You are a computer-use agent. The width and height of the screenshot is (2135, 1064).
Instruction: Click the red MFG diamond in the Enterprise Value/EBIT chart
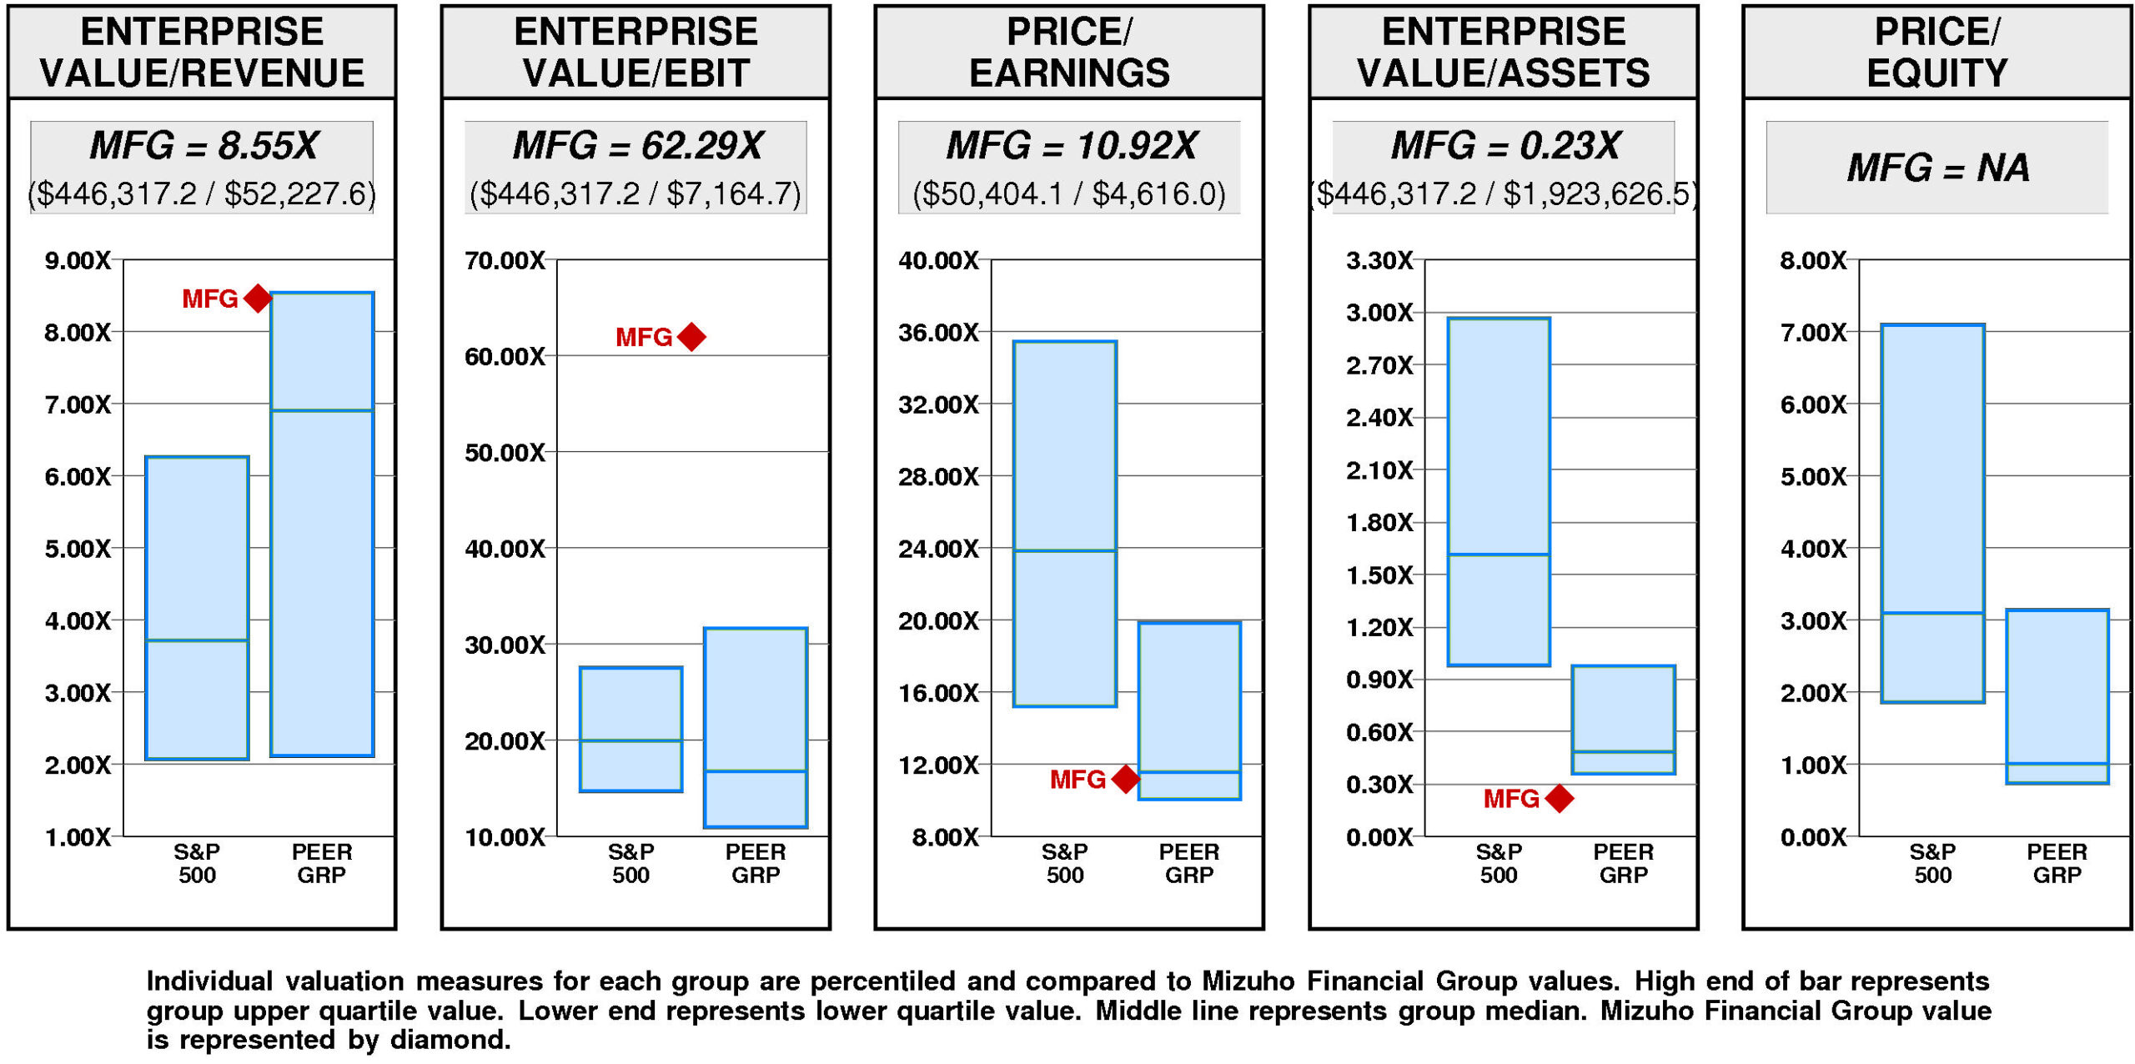(691, 337)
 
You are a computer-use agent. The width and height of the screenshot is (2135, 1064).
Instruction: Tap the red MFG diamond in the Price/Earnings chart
(1125, 779)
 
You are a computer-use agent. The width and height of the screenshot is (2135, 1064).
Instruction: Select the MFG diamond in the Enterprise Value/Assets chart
(1559, 798)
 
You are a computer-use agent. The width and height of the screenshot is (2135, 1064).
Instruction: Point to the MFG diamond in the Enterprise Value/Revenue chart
(258, 298)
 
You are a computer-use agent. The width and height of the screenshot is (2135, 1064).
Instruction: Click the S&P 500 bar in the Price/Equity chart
(1932, 513)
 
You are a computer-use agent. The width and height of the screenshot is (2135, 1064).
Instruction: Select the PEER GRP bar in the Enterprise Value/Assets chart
(1623, 719)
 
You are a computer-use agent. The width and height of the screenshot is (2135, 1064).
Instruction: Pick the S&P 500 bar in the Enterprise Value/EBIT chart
(630, 728)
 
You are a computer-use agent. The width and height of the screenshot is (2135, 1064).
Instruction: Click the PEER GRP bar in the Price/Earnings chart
(1189, 710)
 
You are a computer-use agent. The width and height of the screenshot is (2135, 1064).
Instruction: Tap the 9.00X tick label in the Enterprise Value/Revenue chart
(78, 260)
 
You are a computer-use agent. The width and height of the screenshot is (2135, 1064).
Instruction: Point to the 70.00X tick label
(505, 260)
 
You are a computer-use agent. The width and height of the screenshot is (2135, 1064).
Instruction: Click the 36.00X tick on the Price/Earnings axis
(938, 333)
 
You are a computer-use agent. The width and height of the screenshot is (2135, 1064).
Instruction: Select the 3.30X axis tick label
(1379, 260)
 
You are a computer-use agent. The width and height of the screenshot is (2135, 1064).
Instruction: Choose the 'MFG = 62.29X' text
(637, 146)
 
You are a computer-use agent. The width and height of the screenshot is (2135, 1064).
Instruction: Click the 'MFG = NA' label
(1937, 168)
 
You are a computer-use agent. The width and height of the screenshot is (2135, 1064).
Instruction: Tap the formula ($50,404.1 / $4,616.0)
(1069, 194)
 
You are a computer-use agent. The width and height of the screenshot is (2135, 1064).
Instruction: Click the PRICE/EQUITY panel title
(1937, 52)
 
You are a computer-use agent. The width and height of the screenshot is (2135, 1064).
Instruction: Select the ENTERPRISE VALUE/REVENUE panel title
(202, 52)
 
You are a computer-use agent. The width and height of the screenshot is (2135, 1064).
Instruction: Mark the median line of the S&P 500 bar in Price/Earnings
(1065, 550)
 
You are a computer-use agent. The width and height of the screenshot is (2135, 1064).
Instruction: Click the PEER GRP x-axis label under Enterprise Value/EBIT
(755, 863)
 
